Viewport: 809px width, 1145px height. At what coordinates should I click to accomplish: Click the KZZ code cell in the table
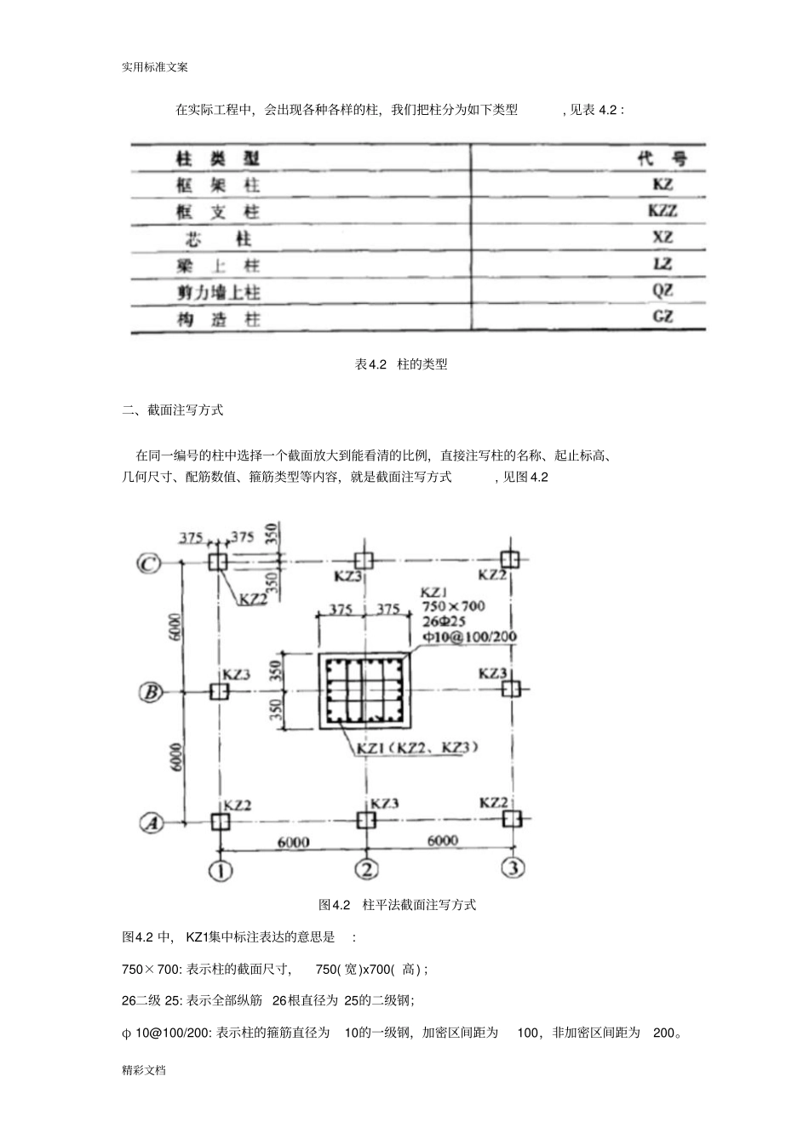[x=662, y=210]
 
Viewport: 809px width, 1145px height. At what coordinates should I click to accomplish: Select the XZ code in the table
[x=662, y=238]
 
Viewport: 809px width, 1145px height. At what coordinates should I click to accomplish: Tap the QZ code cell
[x=662, y=290]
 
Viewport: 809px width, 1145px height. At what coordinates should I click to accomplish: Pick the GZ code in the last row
[x=662, y=317]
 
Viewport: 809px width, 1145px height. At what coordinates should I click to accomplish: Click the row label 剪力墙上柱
[x=219, y=292]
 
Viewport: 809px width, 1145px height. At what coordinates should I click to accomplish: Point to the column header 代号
[x=661, y=158]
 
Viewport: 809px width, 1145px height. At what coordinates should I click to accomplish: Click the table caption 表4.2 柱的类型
[x=401, y=364]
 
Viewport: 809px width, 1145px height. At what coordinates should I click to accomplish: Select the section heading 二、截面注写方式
[x=173, y=410]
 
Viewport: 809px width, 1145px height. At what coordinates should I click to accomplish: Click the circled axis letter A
[x=150, y=822]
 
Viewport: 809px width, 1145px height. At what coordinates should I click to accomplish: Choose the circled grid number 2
[x=367, y=869]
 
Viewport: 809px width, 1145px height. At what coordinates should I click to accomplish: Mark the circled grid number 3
[x=513, y=868]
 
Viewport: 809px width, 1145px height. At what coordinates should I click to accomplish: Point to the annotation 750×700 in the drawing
[x=453, y=606]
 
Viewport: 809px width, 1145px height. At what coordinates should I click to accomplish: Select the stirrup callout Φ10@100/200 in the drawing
[x=469, y=637]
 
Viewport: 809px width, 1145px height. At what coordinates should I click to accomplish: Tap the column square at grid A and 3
[x=512, y=819]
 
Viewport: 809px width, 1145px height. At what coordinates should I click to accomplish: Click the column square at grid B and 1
[x=219, y=691]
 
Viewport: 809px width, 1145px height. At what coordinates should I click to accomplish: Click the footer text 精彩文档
[x=144, y=1069]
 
